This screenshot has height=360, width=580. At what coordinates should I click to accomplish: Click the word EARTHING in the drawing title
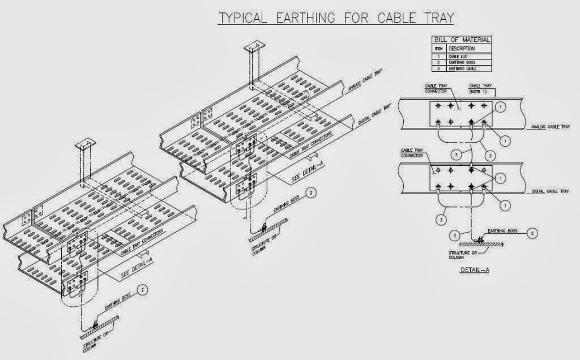(306, 18)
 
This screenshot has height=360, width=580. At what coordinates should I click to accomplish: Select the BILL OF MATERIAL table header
(462, 40)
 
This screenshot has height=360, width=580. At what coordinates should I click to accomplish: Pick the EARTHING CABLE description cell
(461, 68)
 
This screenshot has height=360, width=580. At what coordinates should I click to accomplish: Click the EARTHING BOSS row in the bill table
(461, 63)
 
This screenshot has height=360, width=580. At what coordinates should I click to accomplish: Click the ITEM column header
(439, 49)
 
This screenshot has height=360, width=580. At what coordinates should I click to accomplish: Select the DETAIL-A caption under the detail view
(475, 270)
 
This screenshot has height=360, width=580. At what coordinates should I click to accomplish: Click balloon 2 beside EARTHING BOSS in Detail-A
(533, 232)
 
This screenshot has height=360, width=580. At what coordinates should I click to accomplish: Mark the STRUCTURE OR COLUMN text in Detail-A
(462, 254)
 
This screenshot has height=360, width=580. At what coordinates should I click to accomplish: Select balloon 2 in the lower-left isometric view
(144, 290)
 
